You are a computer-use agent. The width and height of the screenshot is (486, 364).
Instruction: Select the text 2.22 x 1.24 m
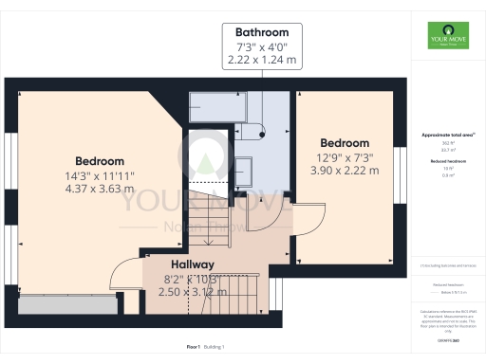pos(258,59)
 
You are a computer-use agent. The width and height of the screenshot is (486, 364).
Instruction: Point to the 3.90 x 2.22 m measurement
pos(345,171)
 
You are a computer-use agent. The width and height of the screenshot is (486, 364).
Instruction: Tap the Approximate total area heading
pos(448,136)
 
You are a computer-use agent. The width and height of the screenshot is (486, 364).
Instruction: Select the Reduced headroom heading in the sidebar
pos(448,163)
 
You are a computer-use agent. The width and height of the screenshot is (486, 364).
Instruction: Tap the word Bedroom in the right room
pos(345,143)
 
